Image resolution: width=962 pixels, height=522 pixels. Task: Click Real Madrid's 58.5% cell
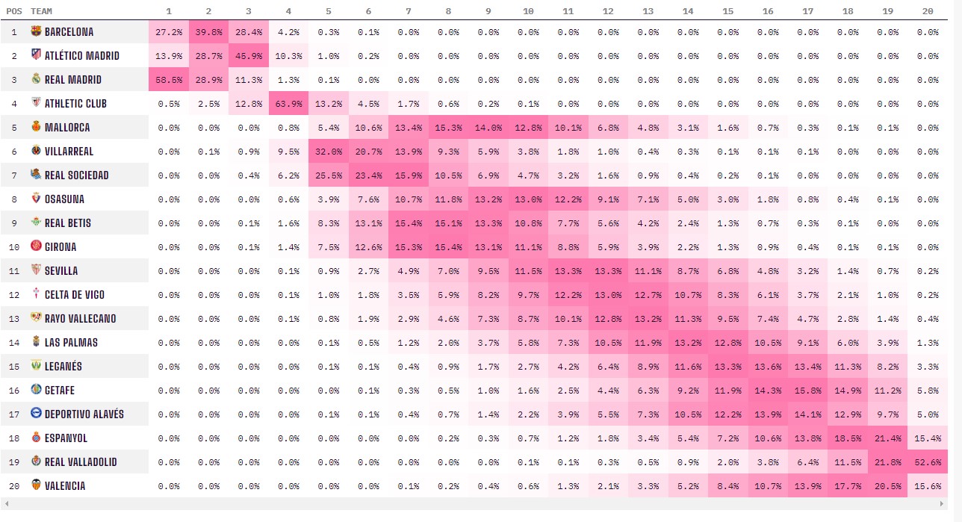point(169,80)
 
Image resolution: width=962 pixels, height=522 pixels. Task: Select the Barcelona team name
point(69,32)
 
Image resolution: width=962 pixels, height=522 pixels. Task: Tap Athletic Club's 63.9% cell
point(289,104)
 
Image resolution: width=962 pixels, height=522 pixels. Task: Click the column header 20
point(928,11)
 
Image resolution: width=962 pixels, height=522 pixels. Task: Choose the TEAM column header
point(41,11)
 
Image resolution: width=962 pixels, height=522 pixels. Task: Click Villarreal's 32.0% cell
point(329,152)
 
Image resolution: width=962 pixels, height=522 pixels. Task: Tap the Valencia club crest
point(36,486)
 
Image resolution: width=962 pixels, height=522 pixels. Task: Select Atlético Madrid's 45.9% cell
point(249,56)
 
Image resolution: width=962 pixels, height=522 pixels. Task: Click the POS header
point(13,11)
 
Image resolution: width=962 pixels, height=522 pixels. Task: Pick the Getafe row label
point(59,391)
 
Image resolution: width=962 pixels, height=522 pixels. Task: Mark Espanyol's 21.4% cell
point(887,438)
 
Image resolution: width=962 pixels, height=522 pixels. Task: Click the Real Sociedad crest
point(36,175)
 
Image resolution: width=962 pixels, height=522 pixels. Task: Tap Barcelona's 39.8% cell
point(208,32)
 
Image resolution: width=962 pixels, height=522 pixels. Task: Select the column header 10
point(528,11)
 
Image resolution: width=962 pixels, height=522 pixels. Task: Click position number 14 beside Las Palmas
point(13,343)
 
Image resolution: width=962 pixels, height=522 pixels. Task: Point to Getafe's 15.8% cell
point(807,391)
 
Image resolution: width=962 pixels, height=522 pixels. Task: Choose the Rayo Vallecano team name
point(80,319)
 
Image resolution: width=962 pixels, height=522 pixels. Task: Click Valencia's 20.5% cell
point(887,486)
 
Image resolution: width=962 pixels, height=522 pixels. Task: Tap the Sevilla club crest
point(36,271)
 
